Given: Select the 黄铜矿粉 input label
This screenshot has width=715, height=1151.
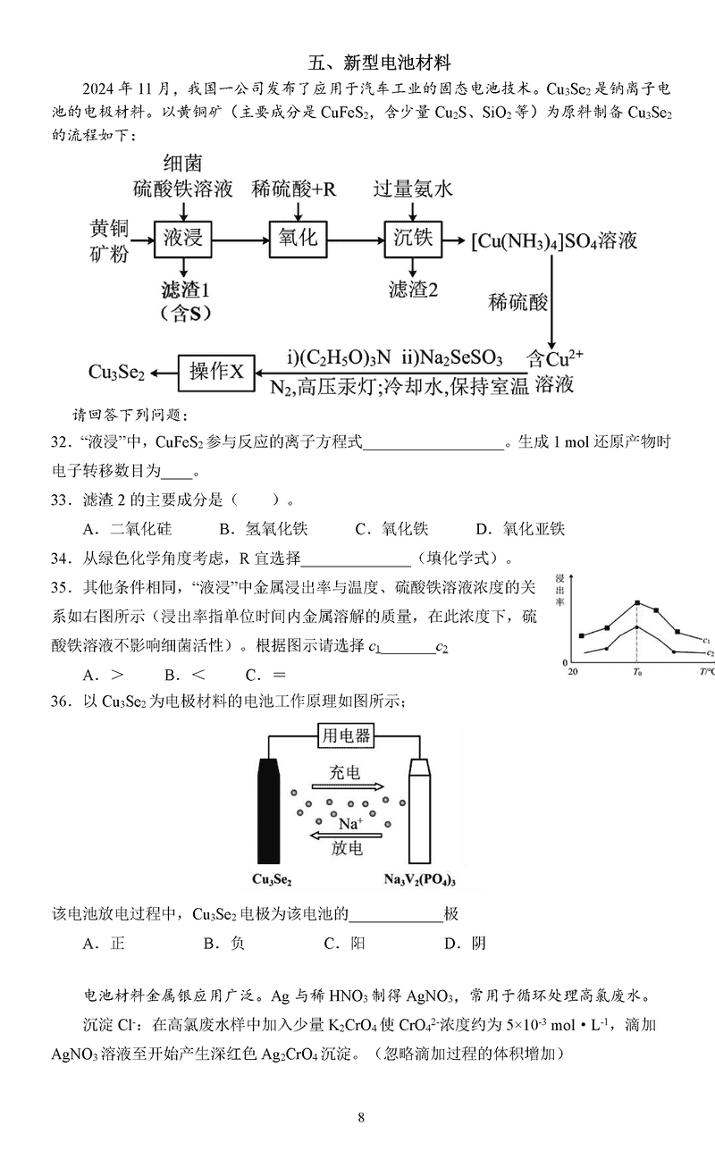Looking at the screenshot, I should [108, 239].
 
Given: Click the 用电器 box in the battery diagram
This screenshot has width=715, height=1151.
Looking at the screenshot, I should [345, 735].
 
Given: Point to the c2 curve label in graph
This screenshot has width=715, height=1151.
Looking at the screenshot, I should [705, 654].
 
